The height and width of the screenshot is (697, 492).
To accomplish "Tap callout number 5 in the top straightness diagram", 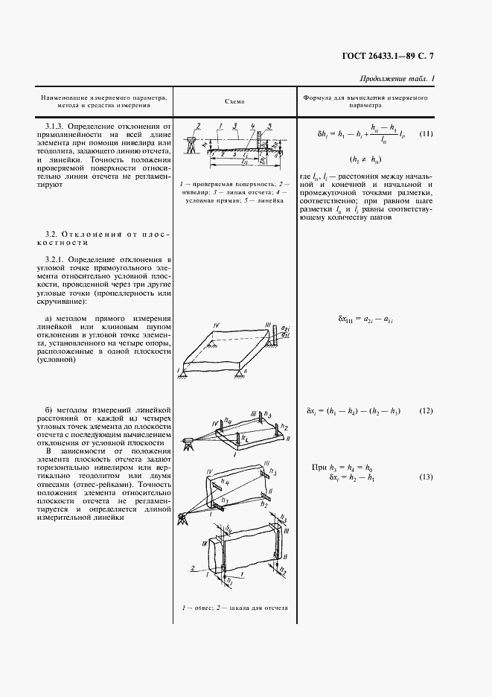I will [269, 125].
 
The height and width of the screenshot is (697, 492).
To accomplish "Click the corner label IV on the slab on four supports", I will [214, 325].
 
